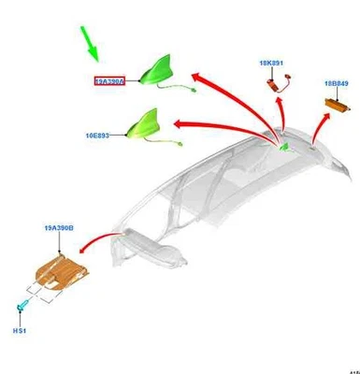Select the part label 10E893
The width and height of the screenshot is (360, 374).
97,136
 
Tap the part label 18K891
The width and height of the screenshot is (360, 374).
271,64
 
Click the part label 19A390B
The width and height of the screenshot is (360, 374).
59,228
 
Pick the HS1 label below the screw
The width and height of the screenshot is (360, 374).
19,330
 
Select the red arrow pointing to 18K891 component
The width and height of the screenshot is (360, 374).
281,117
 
